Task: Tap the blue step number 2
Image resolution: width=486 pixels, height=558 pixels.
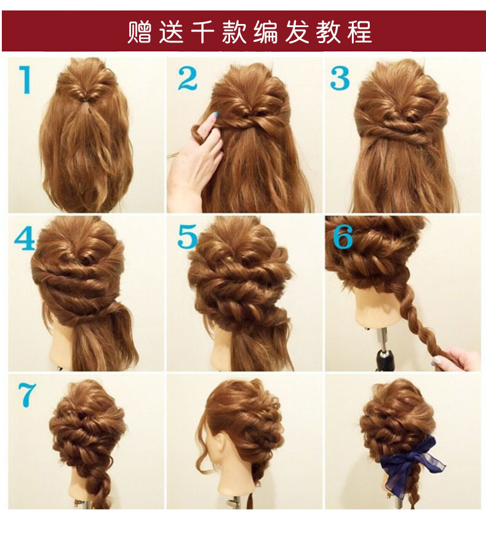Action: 188,78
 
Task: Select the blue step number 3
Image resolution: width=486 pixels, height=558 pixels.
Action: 340,78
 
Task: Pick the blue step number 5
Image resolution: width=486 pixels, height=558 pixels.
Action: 188,236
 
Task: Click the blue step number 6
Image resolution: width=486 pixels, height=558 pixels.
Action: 343,236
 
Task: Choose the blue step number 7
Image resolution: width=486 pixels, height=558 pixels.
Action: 28,394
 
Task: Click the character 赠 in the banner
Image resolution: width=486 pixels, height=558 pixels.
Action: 140,31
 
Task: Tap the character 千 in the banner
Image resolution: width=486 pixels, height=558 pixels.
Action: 202,31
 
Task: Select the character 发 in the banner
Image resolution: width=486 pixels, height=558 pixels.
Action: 297,31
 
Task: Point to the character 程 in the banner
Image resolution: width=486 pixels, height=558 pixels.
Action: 360,31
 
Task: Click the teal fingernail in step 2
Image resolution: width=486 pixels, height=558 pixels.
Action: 214,116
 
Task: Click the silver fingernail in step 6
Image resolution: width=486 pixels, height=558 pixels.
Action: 436,362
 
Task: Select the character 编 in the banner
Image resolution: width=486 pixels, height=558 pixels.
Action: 265,31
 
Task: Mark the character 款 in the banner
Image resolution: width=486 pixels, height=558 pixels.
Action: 234,31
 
